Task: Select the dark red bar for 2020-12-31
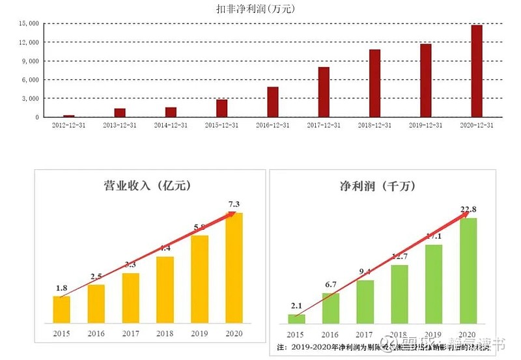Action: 477,71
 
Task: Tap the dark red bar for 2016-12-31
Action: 273,102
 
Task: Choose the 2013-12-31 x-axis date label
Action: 120,125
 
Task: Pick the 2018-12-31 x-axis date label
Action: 374,125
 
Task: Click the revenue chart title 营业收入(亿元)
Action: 150,186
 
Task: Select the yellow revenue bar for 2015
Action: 62,309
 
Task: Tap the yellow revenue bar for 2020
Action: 234,268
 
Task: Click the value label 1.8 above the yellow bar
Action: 62,288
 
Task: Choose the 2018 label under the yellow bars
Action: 165,333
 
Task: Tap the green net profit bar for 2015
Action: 297,318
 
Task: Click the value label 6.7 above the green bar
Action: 331,284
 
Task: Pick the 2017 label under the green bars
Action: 365,333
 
